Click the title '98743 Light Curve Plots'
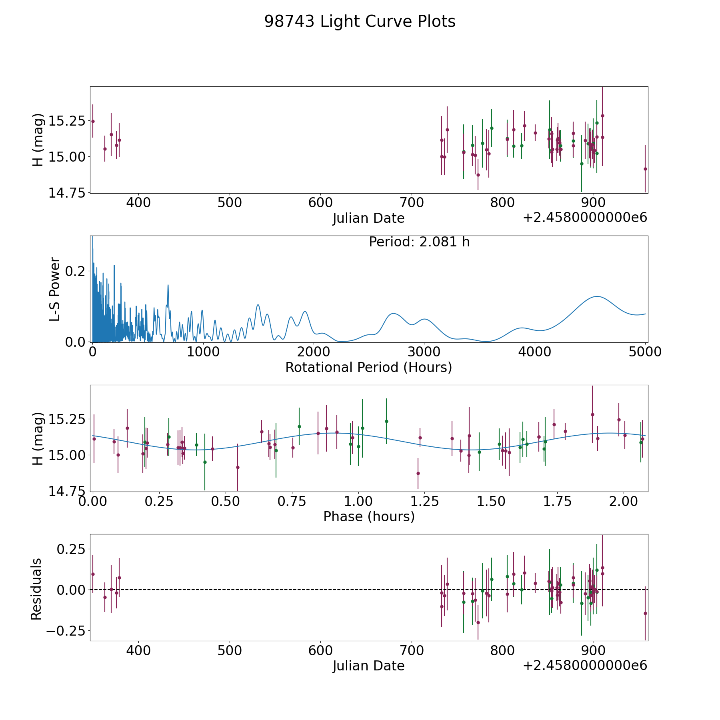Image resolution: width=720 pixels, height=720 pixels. coord(360,22)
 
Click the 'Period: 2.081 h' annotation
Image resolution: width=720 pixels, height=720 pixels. coord(419,242)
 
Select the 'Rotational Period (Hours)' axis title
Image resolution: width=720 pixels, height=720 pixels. coord(368,367)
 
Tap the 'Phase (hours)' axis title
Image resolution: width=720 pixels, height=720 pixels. coord(369,517)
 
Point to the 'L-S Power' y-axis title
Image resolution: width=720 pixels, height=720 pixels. coord(55,289)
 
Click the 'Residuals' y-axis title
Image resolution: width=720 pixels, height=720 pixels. coord(36,589)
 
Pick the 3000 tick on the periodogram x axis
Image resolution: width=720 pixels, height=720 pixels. coord(424,352)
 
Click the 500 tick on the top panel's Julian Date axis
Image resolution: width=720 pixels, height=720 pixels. coord(229,203)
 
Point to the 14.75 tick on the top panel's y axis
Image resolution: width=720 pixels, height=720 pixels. coord(67,193)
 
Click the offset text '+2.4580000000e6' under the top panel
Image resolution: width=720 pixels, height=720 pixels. coord(585,218)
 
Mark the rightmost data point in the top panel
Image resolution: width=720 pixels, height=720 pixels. coord(645,169)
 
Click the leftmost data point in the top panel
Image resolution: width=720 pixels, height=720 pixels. coord(93,121)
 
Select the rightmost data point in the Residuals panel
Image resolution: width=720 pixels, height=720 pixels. coord(645,613)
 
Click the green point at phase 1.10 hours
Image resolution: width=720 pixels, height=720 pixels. coord(386,421)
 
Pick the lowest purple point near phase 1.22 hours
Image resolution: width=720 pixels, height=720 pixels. coord(418,473)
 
